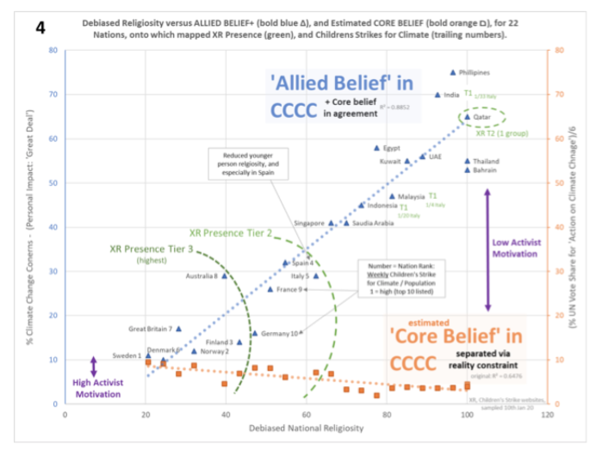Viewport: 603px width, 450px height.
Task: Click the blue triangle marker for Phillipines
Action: (453, 72)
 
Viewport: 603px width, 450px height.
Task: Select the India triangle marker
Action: (438, 95)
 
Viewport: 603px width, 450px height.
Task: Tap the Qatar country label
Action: (486, 116)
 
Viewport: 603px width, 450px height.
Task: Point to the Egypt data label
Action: (392, 147)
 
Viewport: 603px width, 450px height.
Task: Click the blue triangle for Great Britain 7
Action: (178, 329)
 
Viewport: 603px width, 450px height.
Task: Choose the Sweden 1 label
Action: (127, 355)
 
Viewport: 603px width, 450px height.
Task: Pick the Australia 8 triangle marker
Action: (225, 275)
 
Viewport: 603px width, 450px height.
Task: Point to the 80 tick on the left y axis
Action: (53, 50)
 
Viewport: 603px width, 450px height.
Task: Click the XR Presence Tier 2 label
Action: (230, 232)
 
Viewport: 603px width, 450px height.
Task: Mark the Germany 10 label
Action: (280, 333)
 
